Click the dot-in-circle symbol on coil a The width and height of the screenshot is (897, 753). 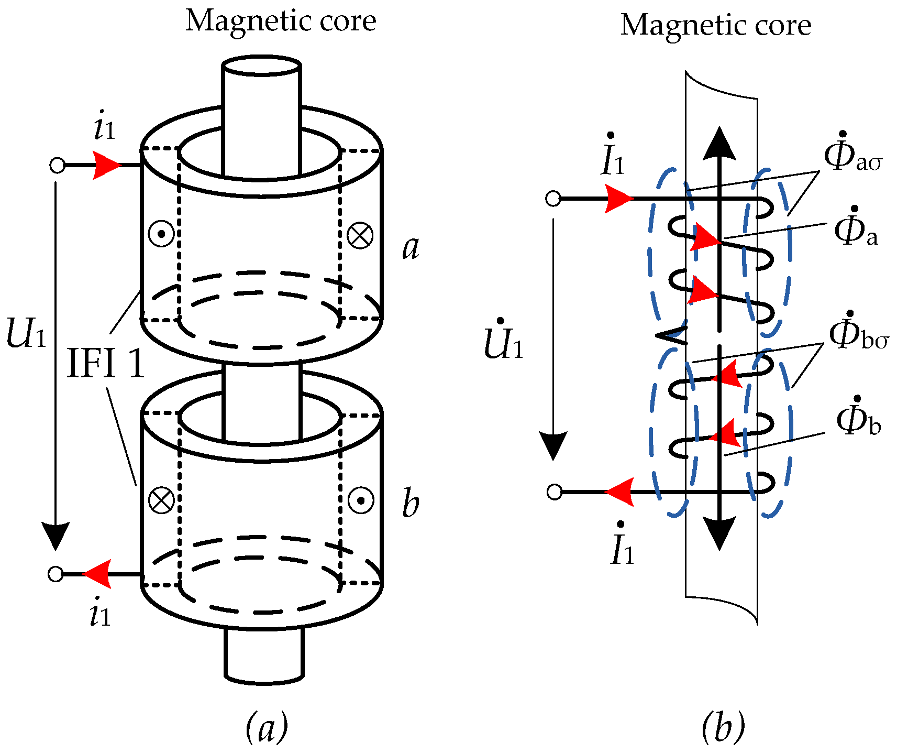[x=161, y=234]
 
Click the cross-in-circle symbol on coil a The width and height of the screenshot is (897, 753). [x=360, y=235]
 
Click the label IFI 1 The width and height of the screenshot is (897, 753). [x=106, y=364]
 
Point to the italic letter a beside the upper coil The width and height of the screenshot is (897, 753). [x=411, y=247]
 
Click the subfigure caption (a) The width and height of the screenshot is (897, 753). [x=267, y=727]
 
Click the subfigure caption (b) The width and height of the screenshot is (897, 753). [x=723, y=727]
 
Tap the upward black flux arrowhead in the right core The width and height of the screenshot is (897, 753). [x=719, y=144]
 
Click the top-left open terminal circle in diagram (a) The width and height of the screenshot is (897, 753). [x=57, y=166]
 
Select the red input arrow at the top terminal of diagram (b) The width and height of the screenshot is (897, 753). [x=619, y=199]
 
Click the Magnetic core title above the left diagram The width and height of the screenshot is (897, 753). [x=281, y=21]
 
